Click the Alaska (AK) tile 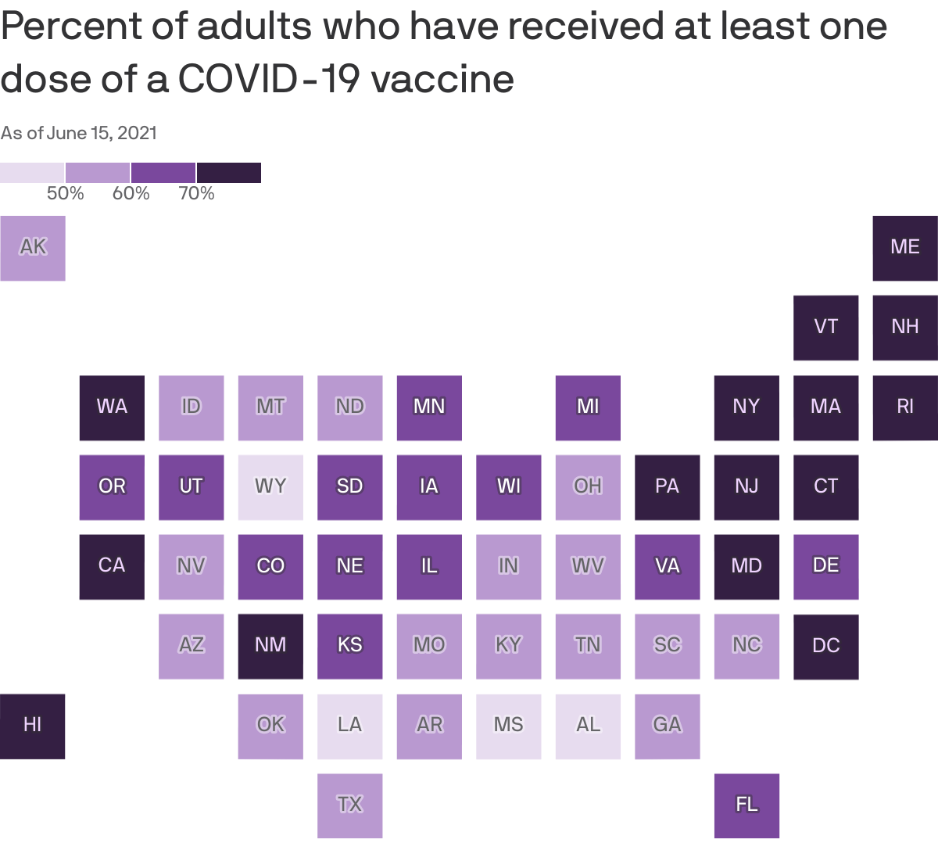33,248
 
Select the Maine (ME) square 904,248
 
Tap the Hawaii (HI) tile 33,726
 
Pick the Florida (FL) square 746,805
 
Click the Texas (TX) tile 349,805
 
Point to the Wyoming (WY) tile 270,487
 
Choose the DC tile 825,646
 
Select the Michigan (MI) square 588,407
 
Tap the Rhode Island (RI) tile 904,407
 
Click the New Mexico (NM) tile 270,646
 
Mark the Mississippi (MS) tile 508,726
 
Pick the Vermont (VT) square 825,328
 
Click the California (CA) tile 112,566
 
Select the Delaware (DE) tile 825,566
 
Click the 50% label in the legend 66,193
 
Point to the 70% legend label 196,193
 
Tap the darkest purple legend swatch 228,172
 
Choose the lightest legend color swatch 32,172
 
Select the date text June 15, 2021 102,133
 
